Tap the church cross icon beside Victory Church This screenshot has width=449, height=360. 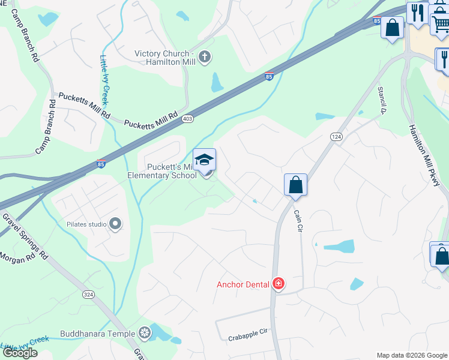205,58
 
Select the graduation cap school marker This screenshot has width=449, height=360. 204,160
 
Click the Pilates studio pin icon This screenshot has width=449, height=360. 115,224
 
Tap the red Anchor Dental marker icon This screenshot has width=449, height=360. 279,283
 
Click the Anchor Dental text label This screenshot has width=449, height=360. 243,284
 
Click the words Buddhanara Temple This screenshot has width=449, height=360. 98,333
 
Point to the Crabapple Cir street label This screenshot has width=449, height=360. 247,338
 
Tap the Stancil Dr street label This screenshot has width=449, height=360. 381,100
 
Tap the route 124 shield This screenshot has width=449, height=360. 336,137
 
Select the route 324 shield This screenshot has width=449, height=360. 88,295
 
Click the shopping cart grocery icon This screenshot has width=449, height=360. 440,23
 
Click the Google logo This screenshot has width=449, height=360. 19,353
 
